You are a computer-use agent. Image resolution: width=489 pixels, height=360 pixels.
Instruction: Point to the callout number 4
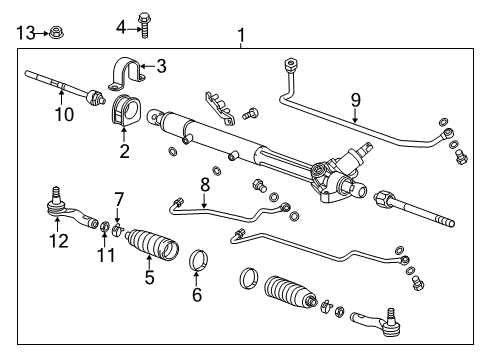click(121, 24)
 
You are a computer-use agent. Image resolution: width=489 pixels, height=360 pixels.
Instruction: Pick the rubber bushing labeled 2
click(125, 112)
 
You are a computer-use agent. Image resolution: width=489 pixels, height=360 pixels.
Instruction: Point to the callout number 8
click(204, 183)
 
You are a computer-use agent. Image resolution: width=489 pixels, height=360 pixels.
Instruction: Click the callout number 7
click(118, 199)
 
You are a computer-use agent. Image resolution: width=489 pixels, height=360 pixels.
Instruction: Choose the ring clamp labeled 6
click(199, 263)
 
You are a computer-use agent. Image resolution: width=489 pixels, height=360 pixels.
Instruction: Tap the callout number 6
click(196, 294)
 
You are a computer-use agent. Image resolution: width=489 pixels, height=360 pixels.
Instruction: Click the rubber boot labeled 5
click(151, 249)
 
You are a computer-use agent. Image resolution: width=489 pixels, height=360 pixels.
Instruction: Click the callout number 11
click(97, 258)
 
